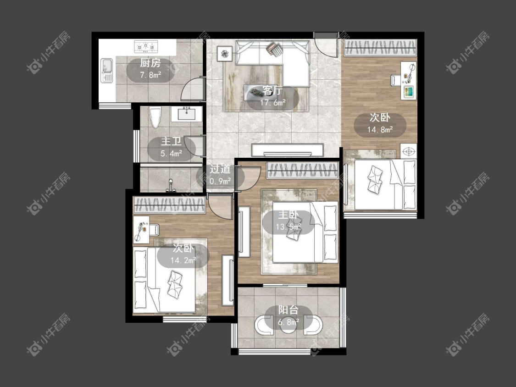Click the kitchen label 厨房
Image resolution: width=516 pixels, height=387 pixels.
point(150,62)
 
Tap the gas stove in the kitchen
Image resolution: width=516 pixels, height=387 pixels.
point(146,46)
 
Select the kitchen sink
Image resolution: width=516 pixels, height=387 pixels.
point(106,71)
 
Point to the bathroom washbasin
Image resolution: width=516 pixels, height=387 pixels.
point(187,114)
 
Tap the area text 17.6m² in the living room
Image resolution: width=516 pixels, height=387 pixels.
point(272,103)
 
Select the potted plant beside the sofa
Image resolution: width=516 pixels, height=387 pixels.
point(224,53)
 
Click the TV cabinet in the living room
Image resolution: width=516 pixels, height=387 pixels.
point(287,150)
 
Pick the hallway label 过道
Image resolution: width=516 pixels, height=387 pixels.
point(220,169)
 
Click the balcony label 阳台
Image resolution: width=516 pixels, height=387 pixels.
point(289,310)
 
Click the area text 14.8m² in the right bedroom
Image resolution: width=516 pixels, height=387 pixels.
point(380,130)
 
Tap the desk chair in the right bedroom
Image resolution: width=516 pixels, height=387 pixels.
point(396,80)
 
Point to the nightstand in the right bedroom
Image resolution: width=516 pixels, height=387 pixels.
point(408,151)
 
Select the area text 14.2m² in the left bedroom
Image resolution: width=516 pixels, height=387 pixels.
point(183,260)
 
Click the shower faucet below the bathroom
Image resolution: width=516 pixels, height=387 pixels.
point(171,186)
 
